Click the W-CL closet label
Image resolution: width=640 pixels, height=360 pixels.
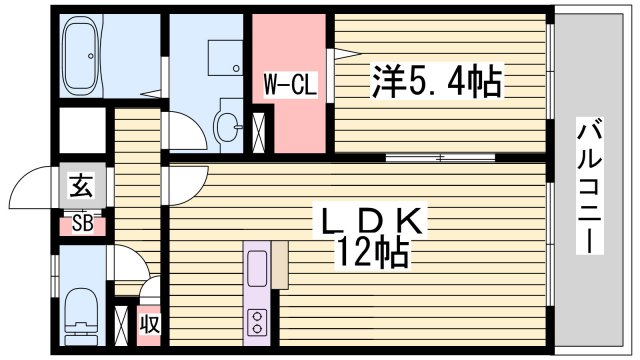290,86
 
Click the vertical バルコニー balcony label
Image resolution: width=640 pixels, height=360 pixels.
591,185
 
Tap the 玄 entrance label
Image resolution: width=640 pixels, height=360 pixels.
81,186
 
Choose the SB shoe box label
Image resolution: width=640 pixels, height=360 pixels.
82,224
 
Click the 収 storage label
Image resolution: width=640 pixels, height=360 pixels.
150,325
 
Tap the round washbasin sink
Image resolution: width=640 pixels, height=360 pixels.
229,126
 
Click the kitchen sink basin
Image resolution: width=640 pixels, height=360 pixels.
256,271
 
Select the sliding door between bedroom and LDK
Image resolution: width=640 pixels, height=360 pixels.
440,157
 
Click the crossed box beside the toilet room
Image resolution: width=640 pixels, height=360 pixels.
123,325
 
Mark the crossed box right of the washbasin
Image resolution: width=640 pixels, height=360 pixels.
259,132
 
